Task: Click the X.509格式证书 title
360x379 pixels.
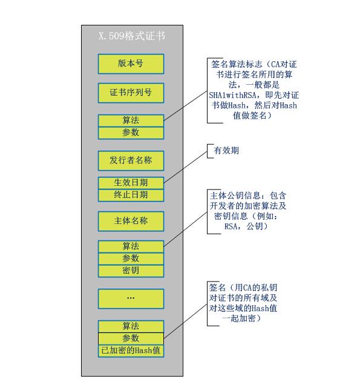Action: pyautogui.click(x=132, y=36)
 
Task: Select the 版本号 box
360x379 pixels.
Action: pyautogui.click(x=131, y=64)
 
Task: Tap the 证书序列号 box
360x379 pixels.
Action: pyautogui.click(x=131, y=93)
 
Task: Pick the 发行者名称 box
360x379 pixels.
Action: pyautogui.click(x=131, y=160)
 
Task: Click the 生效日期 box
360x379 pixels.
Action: pyautogui.click(x=131, y=183)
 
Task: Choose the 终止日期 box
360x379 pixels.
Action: pyautogui.click(x=131, y=196)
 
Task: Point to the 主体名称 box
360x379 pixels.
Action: pyautogui.click(x=131, y=221)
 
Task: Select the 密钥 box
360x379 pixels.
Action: pyautogui.click(x=131, y=271)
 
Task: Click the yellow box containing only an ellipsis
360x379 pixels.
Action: pyautogui.click(x=131, y=298)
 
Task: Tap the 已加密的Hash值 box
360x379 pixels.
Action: pyautogui.click(x=131, y=351)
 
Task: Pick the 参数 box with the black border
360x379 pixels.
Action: pyautogui.click(x=131, y=338)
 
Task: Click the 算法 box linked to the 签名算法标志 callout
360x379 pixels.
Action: pyautogui.click(x=131, y=120)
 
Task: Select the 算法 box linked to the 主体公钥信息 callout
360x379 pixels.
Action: pyautogui.click(x=131, y=246)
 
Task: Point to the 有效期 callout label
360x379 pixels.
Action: pyautogui.click(x=226, y=151)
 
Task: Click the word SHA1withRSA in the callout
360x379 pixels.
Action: pyautogui.click(x=233, y=95)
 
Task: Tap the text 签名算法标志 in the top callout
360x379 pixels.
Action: pyautogui.click(x=237, y=64)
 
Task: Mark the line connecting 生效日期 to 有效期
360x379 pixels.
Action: pyautogui.click(x=186, y=167)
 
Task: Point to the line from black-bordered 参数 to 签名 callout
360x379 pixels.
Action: pyautogui.click(x=186, y=321)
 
